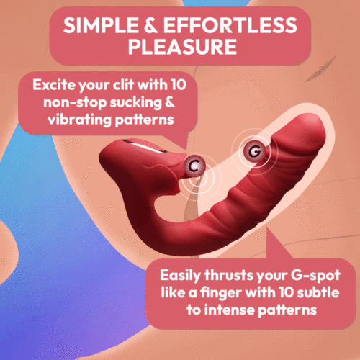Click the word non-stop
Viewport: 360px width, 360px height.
point(71,102)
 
